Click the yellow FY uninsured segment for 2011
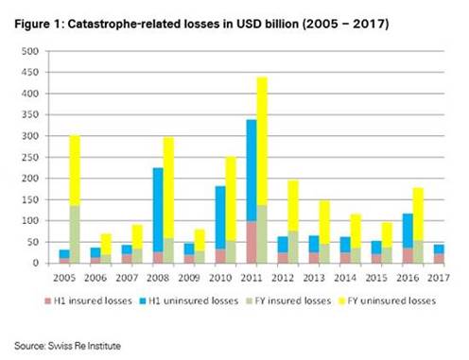click(262, 141)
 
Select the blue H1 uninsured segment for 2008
click(158, 210)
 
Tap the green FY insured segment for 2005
click(75, 234)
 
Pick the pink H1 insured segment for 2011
click(252, 242)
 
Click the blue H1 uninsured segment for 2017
click(439, 249)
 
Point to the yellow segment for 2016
click(418, 214)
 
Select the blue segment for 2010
click(220, 217)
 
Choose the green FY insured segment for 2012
click(293, 247)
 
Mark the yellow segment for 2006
click(106, 244)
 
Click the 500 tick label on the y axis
click(30, 51)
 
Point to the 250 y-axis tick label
click(30, 157)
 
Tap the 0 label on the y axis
click(36, 263)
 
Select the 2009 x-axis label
click(189, 278)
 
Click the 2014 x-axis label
click(345, 278)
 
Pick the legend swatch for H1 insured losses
click(48, 300)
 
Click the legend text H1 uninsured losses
click(193, 300)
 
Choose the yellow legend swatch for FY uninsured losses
click(341, 300)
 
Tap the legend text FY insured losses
click(293, 300)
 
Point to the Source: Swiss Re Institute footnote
click(67, 346)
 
